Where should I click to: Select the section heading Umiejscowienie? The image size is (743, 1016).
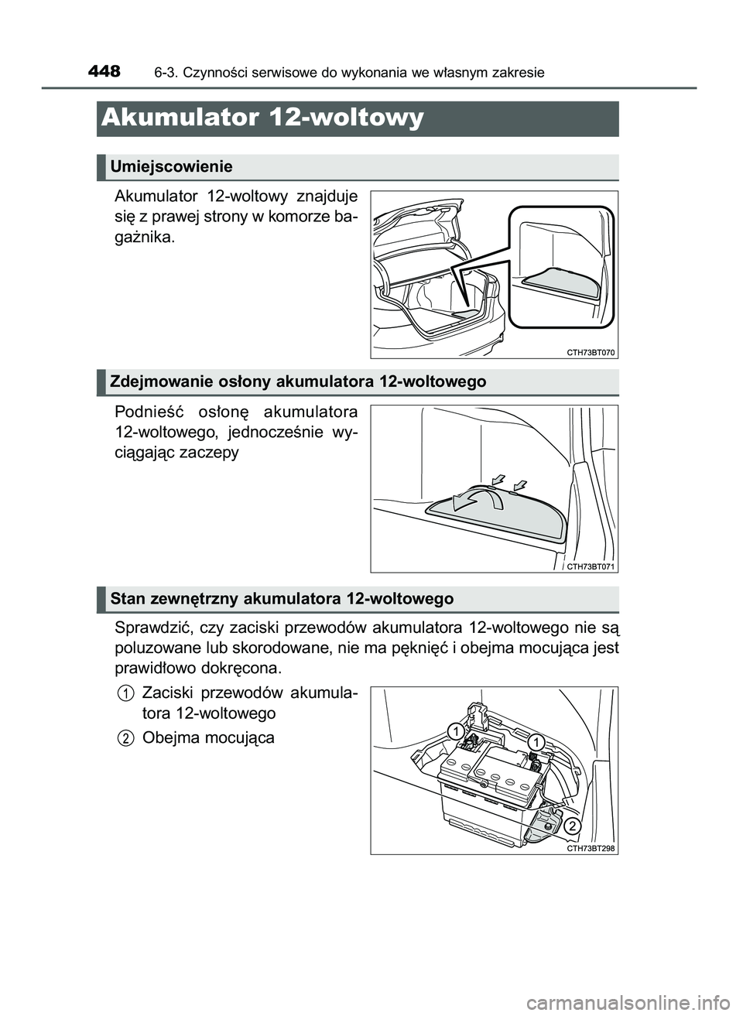tap(171, 166)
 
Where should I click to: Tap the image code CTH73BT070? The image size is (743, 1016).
tap(591, 352)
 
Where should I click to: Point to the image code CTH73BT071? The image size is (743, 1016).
tap(591, 566)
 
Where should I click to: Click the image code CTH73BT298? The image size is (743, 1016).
tap(591, 848)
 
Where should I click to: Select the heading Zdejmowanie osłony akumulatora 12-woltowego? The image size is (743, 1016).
tap(298, 381)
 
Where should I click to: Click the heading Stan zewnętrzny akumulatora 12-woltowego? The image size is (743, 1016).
tap(282, 599)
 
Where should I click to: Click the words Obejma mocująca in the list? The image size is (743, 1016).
tap(208, 738)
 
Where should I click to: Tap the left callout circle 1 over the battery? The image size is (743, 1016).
tap(458, 730)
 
